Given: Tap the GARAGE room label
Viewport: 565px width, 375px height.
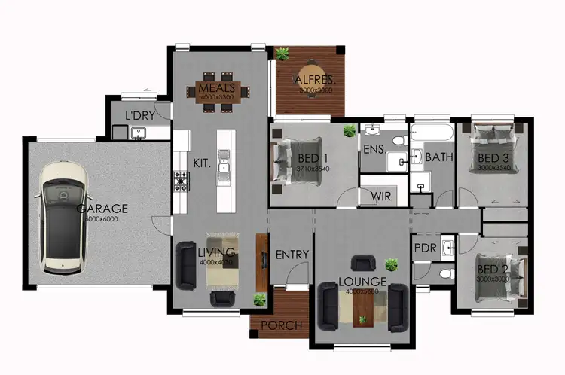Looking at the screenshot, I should pos(105,209).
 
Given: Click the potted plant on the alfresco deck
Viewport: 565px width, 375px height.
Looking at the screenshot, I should pos(283,53).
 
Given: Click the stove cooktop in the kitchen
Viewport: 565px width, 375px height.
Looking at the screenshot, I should pos(182,181).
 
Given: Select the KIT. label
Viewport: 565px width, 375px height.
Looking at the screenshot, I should pos(201,162).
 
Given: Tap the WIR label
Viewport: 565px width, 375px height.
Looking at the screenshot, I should pos(380,196).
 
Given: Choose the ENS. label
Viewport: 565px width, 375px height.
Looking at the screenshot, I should pos(373,150).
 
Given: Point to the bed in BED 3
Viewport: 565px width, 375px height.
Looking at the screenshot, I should pos(497,150).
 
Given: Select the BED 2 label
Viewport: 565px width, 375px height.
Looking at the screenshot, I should pos(493,270).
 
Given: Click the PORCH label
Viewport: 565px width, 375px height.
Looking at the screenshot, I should pos(282,326).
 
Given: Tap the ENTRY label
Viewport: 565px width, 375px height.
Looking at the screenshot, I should pos(292,255).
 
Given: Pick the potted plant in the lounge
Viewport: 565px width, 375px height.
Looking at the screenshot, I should pos(391,264).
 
